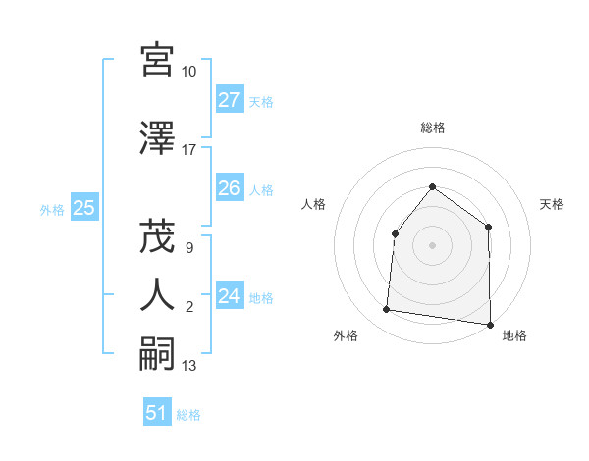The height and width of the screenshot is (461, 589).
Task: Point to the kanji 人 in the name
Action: (x=157, y=294)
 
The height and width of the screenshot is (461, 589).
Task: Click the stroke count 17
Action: (x=189, y=150)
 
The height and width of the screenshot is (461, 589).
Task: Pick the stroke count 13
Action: (x=189, y=366)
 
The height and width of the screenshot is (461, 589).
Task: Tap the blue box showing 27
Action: (x=230, y=100)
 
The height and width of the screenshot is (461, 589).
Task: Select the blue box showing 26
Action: (x=230, y=188)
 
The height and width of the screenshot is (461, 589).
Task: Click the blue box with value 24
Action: (x=230, y=296)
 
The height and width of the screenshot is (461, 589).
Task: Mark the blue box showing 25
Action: (x=83, y=208)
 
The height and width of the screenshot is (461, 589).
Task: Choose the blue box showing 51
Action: (x=157, y=413)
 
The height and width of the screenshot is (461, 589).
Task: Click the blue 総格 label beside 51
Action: (x=189, y=415)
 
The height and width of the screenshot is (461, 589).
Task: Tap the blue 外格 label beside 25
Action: (x=52, y=209)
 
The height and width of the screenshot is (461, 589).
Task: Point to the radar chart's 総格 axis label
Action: (x=433, y=128)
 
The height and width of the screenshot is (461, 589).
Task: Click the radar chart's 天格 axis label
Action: (x=553, y=204)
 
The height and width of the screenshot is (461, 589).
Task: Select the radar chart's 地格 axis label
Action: (x=514, y=336)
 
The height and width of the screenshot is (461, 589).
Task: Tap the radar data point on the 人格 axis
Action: (x=395, y=233)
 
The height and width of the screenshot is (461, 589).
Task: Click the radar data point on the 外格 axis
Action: (x=387, y=310)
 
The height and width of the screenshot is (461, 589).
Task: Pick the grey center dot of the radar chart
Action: (x=432, y=245)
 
